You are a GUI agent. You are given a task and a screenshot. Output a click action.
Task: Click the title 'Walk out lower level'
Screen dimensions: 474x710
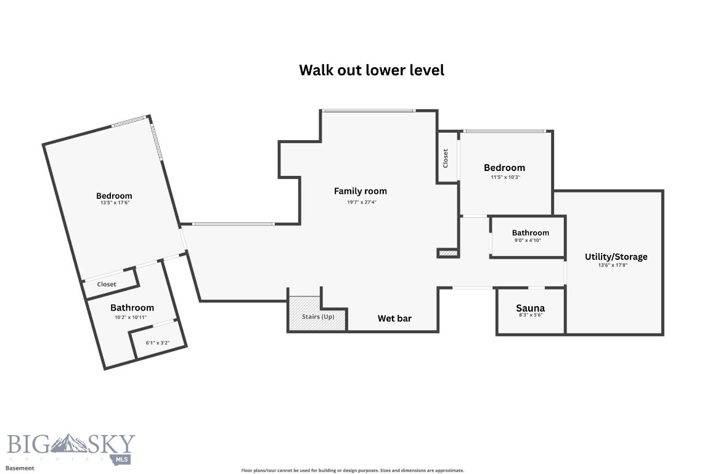click(372, 70)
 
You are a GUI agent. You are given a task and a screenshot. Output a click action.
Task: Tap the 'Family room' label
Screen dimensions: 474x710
click(361, 191)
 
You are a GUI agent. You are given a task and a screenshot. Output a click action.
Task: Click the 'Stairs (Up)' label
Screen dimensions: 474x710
click(318, 317)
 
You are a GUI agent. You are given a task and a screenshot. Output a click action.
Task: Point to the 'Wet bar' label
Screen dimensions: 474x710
click(394, 318)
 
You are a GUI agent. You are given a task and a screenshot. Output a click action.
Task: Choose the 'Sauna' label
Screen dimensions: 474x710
click(530, 308)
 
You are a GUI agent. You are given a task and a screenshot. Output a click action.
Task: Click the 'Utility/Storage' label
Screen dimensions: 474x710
click(616, 257)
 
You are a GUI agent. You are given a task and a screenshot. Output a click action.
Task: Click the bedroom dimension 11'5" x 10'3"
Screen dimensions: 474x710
click(504, 177)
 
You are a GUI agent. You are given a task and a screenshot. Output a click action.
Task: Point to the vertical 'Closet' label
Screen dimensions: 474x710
click(446, 159)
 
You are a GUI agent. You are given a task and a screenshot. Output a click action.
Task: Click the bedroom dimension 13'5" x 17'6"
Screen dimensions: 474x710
click(114, 202)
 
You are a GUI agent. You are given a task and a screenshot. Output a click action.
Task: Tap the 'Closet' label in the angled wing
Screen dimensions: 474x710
click(107, 285)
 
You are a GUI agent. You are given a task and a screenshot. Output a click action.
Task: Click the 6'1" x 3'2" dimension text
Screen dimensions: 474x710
click(157, 343)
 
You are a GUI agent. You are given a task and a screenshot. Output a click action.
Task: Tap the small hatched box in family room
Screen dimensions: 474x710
click(447, 252)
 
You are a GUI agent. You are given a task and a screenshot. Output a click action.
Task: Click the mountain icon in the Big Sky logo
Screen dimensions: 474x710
click(70, 443)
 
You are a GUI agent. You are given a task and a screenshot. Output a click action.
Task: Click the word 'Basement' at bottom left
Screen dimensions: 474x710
click(20, 468)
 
